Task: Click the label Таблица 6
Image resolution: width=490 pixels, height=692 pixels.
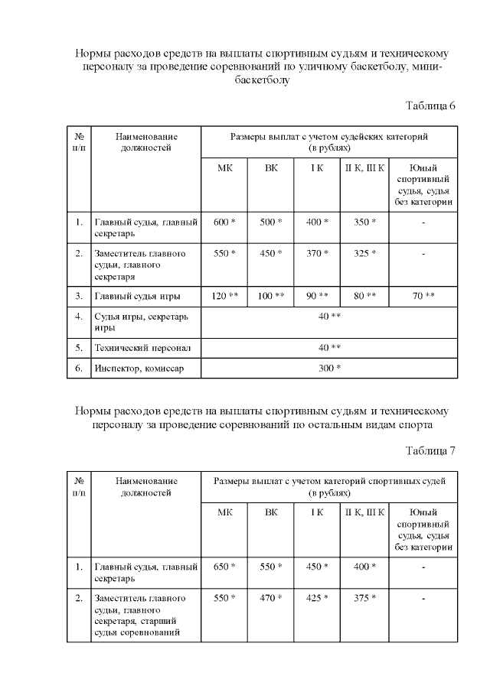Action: (x=430, y=105)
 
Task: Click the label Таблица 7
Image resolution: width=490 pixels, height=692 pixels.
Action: (x=430, y=450)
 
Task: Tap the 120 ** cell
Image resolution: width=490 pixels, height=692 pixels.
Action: (x=224, y=295)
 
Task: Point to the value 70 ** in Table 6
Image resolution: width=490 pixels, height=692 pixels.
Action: (x=423, y=295)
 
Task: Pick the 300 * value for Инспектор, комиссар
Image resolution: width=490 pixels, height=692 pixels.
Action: (x=329, y=369)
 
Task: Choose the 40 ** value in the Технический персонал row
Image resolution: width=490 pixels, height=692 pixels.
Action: (x=329, y=347)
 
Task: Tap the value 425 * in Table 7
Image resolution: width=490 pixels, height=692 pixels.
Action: (x=317, y=598)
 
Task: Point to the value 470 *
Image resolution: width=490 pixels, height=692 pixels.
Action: (x=271, y=598)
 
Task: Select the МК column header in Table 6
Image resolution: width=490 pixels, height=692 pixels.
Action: (x=224, y=167)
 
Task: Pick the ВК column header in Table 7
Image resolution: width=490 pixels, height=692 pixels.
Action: (x=271, y=512)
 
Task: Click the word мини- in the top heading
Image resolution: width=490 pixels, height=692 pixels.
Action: (x=426, y=67)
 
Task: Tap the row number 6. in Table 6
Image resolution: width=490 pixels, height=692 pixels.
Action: (x=79, y=369)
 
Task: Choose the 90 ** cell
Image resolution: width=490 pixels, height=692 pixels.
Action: (x=317, y=295)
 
